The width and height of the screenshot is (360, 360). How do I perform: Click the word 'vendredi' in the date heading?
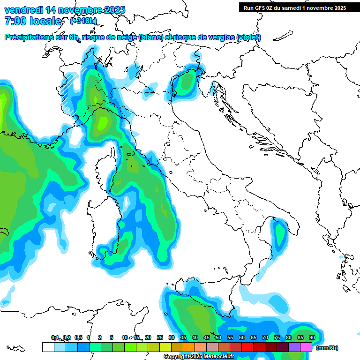click(22, 10)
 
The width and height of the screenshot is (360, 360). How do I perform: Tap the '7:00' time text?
click(15, 21)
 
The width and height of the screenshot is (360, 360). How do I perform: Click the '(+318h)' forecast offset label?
click(84, 21)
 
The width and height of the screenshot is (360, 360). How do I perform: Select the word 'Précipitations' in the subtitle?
click(30, 37)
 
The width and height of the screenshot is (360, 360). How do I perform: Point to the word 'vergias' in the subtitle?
click(219, 37)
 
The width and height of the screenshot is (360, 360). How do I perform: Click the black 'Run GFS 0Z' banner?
click(294, 7)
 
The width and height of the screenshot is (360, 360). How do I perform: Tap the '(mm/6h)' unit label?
click(327, 348)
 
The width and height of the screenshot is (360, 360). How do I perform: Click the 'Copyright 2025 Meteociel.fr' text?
click(199, 357)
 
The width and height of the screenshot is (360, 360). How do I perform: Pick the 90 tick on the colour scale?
click(312, 337)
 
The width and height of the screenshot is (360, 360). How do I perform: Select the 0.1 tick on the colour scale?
click(55, 337)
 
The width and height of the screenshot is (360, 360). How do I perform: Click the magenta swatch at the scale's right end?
click(306, 347)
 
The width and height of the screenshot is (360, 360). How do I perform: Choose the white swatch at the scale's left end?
click(48, 347)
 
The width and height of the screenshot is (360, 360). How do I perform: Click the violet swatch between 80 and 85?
click(294, 347)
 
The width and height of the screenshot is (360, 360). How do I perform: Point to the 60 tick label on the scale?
click(242, 337)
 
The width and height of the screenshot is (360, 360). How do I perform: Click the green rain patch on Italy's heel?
click(280, 233)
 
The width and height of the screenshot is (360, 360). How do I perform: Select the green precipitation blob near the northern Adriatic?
click(187, 82)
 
